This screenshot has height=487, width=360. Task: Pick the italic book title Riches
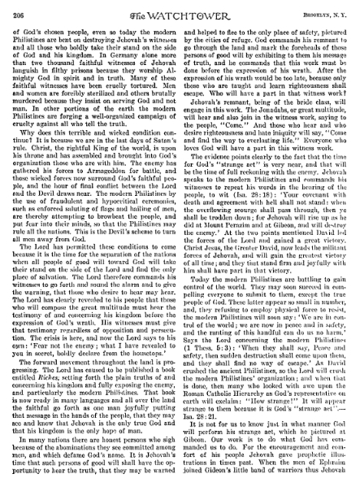point(69,359)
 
